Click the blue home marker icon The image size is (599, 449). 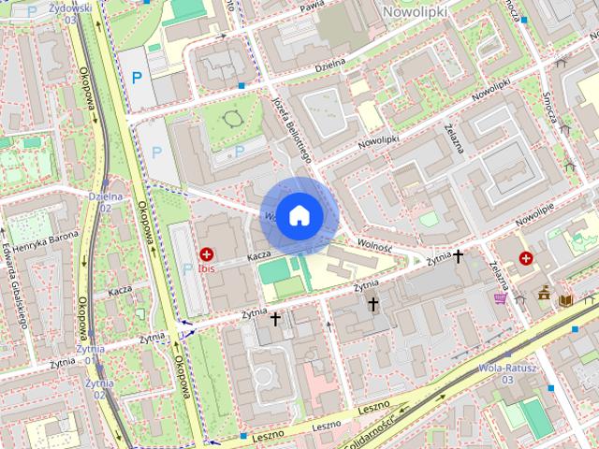[299, 215]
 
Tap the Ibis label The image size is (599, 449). [206, 268]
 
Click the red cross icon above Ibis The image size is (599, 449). [206, 253]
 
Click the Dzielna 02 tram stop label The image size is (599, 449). [106, 201]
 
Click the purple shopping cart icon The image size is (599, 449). [501, 298]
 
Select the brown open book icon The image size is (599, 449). [565, 299]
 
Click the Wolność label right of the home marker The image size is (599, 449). [373, 246]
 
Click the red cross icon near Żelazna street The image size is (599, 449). [527, 257]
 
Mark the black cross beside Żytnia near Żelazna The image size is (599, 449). [458, 254]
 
